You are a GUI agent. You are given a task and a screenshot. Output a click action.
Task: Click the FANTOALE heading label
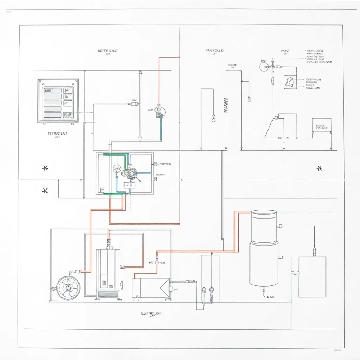click(215, 51)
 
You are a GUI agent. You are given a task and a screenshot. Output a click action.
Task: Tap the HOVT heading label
click(285, 51)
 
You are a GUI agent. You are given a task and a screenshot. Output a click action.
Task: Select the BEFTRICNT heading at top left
click(108, 51)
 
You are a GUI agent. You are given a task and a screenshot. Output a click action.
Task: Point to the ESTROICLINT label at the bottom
click(152, 314)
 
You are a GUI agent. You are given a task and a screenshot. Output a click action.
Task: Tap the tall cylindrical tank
click(264, 248)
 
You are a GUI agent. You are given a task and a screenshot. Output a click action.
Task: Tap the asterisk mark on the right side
click(319, 168)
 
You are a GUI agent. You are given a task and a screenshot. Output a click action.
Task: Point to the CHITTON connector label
click(165, 164)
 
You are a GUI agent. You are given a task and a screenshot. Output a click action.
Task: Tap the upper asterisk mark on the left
click(45, 168)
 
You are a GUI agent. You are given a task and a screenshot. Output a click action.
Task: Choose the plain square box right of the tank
click(312, 277)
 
